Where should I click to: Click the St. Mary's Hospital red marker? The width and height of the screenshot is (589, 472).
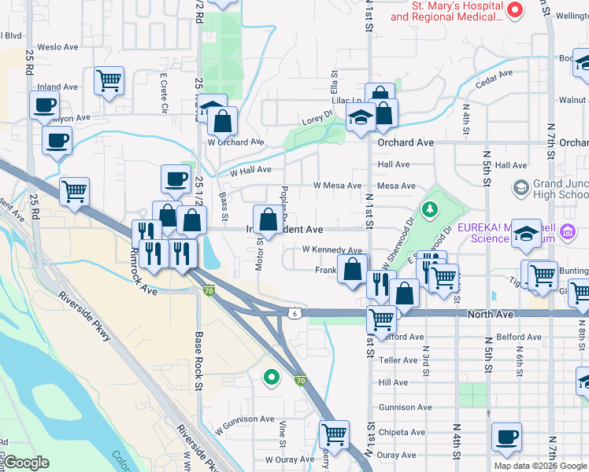(x=516, y=10)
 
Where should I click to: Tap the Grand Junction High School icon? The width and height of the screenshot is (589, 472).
(x=520, y=187)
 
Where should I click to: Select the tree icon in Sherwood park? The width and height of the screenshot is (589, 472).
(x=429, y=208)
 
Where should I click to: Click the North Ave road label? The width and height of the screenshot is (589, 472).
(x=490, y=314)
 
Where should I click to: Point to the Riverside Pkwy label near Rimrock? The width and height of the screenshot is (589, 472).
(x=89, y=319)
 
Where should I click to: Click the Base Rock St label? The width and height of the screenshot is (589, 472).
(x=199, y=360)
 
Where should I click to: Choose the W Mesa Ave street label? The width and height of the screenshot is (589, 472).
(x=337, y=186)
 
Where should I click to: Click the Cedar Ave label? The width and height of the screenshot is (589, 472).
(x=494, y=76)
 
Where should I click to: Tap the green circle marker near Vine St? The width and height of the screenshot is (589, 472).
(x=272, y=378)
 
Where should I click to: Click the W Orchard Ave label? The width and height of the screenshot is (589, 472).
(x=235, y=142)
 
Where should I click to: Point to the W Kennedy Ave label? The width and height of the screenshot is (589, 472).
(x=332, y=249)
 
